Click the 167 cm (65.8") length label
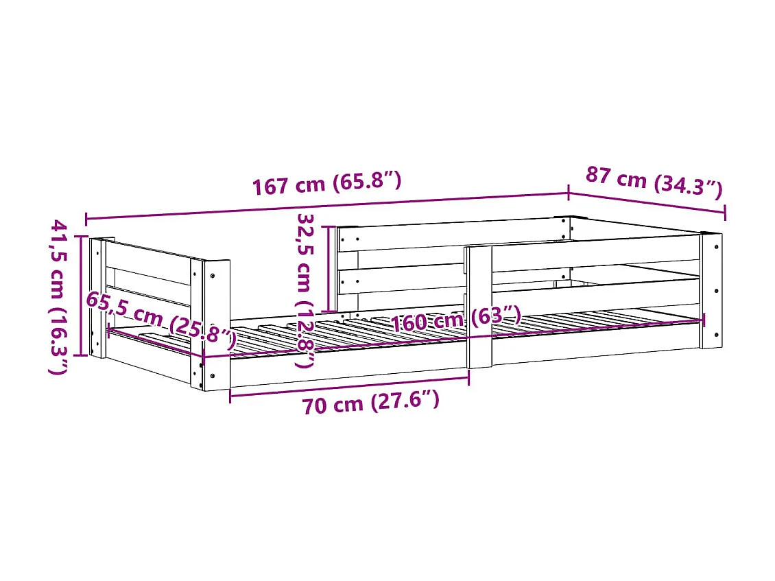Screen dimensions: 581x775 pyautogui.click(x=326, y=184)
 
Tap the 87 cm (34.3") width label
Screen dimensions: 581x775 pyautogui.click(x=654, y=182)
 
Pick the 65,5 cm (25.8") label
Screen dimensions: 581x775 pyautogui.click(x=160, y=318)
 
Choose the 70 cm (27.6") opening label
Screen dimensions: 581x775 pyautogui.click(x=370, y=403)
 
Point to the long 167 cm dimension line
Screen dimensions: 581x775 pyautogui.click(x=326, y=206)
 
